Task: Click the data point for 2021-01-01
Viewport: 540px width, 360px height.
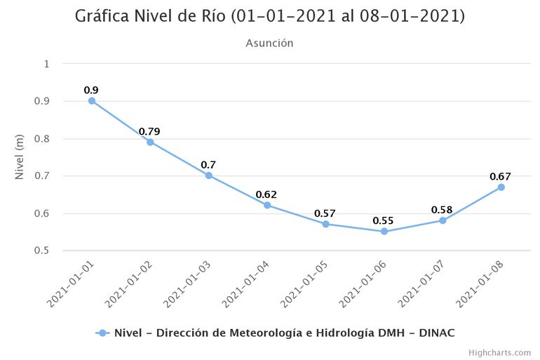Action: pos(92,100)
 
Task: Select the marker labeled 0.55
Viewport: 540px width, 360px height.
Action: pos(384,231)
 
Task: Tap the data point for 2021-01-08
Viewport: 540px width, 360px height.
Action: pos(501,187)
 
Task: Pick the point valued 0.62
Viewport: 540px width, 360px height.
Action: pos(267,205)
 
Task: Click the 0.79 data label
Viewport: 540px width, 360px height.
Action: pos(149,131)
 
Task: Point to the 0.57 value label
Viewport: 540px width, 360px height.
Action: pos(325,213)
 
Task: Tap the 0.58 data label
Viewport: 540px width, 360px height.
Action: pos(442,210)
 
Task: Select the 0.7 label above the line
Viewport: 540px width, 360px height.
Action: pos(208,165)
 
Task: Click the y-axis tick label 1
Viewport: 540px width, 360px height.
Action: pos(46,64)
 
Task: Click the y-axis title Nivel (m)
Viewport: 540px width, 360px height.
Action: pos(20,157)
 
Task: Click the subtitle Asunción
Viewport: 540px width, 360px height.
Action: pos(269,44)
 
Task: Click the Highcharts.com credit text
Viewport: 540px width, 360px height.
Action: pos(499,352)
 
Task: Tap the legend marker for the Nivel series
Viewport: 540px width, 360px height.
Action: pos(102,333)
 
